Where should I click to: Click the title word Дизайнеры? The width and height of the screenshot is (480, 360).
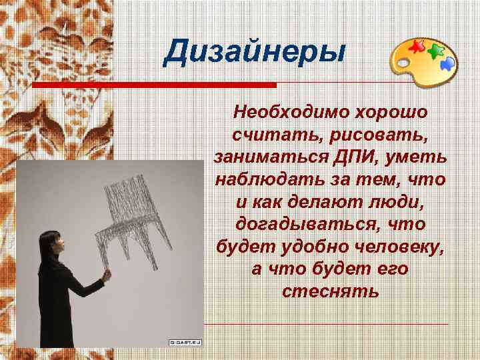point(255,52)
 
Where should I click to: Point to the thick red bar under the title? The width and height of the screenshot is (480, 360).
point(154,85)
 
